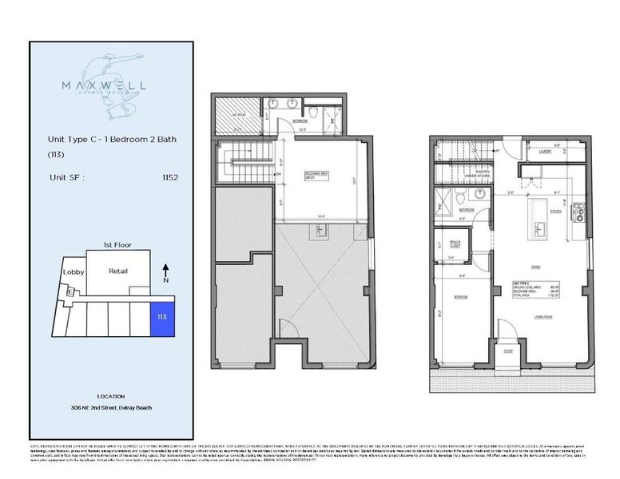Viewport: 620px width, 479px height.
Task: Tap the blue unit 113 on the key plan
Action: (161, 317)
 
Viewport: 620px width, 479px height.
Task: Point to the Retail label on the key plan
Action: (117, 271)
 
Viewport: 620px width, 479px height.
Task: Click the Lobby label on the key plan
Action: (74, 272)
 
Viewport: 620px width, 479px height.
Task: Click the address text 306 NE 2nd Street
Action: (110, 407)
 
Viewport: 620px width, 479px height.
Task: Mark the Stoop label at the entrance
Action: (507, 348)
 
